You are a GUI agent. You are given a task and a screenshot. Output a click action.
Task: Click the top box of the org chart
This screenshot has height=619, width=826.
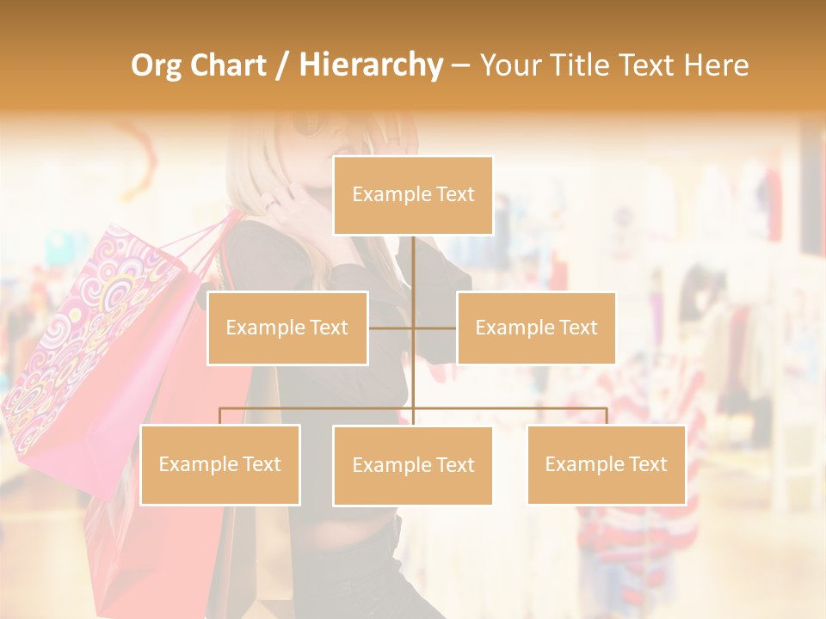tap(413, 195)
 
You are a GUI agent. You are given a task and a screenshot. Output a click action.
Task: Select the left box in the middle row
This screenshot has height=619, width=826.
tap(287, 328)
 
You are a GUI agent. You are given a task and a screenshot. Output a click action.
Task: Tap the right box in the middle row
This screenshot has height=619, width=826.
tap(536, 328)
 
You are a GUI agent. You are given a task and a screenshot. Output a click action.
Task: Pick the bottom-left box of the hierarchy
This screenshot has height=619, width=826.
tap(220, 464)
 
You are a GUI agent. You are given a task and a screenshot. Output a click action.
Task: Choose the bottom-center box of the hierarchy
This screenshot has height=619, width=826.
tap(413, 465)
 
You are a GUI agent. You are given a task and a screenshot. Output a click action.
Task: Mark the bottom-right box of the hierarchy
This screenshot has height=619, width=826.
tap(607, 464)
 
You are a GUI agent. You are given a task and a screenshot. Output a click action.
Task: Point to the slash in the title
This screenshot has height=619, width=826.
tap(281, 66)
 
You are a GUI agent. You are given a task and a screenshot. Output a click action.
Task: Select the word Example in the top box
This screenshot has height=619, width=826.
tap(384, 195)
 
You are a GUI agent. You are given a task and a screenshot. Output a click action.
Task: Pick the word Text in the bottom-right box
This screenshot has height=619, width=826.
tap(647, 464)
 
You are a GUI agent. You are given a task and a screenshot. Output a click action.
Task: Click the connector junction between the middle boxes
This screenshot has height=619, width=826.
tap(413, 328)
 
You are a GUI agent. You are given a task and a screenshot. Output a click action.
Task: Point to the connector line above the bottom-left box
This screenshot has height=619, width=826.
tap(220, 416)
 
